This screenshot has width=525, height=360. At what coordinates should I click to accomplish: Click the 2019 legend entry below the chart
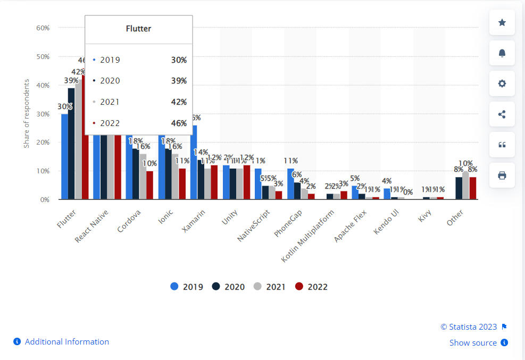pos(187,287)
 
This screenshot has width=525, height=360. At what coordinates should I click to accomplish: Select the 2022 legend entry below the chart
pos(311,287)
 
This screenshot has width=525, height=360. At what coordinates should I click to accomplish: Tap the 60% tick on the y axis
pos(43,28)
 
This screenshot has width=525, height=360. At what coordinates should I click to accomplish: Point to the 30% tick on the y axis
pos(43,114)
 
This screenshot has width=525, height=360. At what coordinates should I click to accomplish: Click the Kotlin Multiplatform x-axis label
pos(309,235)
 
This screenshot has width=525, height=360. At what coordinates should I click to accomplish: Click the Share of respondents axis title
pos(26,113)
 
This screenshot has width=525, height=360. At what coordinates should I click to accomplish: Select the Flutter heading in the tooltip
pos(138,29)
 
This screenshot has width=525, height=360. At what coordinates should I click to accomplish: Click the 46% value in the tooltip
pos(179,123)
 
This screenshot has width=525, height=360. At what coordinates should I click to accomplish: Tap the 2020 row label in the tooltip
pos(110,81)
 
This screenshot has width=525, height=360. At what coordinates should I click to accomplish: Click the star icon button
pos(502,22)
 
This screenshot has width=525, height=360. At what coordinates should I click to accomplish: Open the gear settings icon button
pos(502,83)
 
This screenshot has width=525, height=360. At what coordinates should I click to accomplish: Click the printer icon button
pos(502,175)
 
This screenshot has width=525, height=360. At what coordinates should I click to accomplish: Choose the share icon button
pos(502,114)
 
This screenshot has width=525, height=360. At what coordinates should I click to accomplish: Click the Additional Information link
pos(66,342)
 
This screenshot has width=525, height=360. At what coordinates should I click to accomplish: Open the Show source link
pos(473,343)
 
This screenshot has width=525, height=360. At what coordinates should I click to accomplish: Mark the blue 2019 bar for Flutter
pos(64,157)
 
